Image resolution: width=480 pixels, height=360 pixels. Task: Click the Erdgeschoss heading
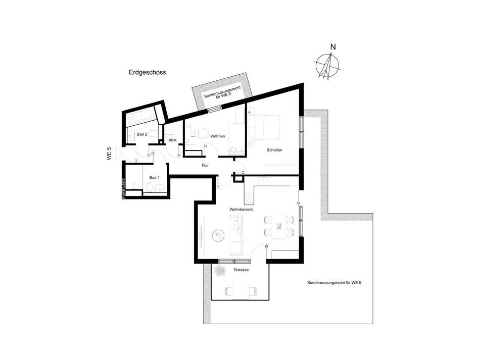[148, 73]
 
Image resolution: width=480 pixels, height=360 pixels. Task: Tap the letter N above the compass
[333, 47]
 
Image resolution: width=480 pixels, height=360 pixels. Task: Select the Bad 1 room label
[154, 177]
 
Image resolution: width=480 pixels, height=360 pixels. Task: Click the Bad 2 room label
[142, 134]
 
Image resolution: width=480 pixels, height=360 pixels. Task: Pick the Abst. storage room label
[173, 140]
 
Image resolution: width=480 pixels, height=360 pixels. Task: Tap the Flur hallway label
[205, 165]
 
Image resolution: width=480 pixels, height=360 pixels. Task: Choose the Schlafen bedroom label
[274, 150]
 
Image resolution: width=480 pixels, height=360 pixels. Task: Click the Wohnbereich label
[241, 210]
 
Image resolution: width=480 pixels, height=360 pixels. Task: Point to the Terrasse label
[241, 270]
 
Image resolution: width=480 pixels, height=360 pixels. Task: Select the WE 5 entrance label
[109, 154]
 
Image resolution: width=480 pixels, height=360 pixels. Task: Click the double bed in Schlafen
[264, 127]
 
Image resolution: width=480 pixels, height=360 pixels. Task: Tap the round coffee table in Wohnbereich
[219, 235]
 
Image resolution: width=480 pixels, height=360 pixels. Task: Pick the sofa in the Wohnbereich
[236, 235]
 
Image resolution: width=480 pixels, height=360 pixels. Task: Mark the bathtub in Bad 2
[142, 118]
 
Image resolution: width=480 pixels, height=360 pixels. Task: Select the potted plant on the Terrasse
[219, 271]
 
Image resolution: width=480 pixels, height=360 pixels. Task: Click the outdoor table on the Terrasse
[241, 291]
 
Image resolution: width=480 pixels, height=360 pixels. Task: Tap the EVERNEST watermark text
[124, 188]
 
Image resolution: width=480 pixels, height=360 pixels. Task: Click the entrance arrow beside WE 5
[119, 154]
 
